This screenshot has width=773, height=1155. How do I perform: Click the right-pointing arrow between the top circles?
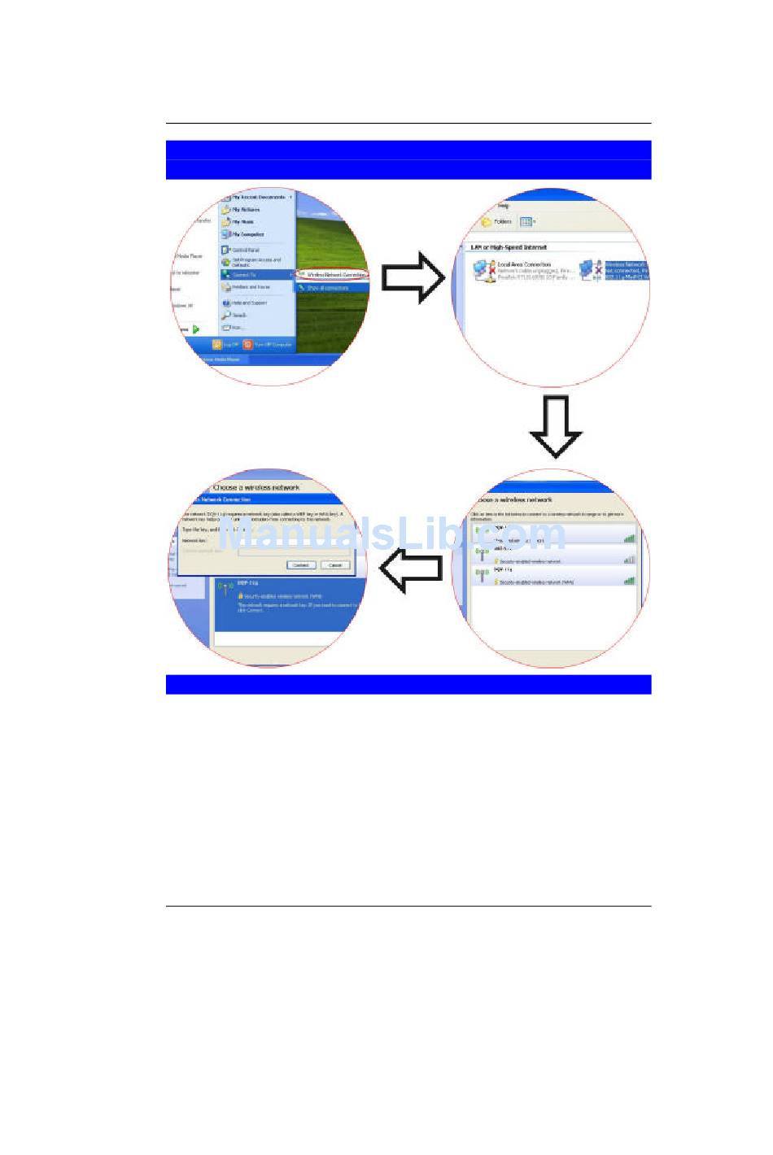point(413,277)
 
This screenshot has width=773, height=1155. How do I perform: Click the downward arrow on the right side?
point(556,426)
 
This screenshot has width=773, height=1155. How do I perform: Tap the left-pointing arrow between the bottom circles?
point(411,569)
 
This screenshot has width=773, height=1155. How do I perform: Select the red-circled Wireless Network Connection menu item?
point(333,275)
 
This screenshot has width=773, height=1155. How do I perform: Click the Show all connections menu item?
point(327,288)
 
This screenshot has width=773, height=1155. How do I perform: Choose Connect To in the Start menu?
point(244,275)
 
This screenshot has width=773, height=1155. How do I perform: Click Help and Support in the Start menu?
point(248,303)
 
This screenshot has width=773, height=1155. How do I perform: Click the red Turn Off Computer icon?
point(247,345)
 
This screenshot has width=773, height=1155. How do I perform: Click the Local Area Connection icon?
point(484,271)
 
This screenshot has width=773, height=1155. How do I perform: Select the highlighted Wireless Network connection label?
point(626,271)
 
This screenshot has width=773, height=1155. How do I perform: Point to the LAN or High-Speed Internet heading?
point(509,247)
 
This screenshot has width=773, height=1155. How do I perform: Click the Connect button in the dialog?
point(300,564)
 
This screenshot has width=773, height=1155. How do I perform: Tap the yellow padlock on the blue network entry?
point(241,596)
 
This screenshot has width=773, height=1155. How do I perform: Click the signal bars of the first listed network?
point(629,538)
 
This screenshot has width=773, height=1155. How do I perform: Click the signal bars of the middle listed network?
point(629,560)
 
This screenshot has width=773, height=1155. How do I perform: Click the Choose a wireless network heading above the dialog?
point(255,487)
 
